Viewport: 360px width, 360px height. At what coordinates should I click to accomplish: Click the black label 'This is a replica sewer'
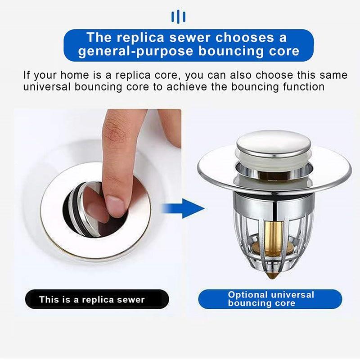92,299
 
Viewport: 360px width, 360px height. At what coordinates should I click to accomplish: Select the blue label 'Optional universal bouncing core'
270,299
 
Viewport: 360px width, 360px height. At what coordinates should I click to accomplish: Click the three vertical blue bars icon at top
179,17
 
